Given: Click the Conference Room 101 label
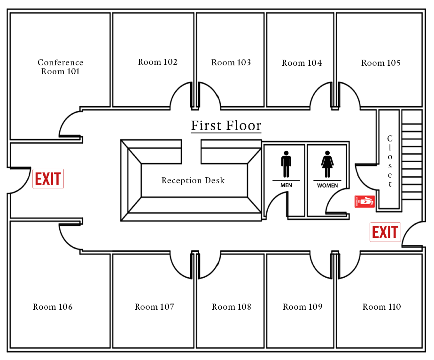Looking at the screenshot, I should [61, 67].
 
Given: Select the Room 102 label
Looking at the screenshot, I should [158, 62].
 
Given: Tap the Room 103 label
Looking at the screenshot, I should [231, 63].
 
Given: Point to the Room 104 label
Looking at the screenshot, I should [302, 63].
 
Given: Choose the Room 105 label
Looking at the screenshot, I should [381, 63].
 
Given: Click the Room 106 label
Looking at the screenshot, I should [53, 307].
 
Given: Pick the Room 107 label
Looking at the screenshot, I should [155, 307].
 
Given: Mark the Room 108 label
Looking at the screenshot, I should [232, 307].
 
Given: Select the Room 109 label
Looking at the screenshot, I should [302, 307].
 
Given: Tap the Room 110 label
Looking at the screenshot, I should [382, 307].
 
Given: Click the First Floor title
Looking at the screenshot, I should [226, 126].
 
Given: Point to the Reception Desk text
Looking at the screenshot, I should [193, 180].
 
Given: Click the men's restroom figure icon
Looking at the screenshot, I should [286, 164].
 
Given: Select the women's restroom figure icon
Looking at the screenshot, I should [327, 164].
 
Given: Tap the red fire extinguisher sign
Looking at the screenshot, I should [364, 202].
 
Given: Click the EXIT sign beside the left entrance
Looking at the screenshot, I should [48, 179].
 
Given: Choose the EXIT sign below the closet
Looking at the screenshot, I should [385, 232].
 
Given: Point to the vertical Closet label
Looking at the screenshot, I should [390, 161].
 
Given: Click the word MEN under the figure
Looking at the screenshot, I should [286, 185].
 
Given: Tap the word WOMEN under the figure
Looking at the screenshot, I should [327, 186].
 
